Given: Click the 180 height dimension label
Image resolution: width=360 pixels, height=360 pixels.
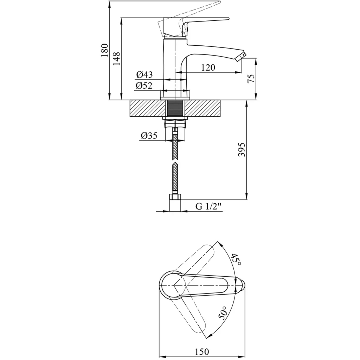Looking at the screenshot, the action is click(104, 51).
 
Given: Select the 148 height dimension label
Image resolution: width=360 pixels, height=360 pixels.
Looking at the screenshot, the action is click(117, 59).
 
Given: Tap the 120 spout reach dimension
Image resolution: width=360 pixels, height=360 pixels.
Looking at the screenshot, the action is click(208, 67).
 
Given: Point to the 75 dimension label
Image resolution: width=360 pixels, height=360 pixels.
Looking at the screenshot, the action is click(251, 79).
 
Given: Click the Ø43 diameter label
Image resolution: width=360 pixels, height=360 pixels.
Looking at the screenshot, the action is click(144, 75).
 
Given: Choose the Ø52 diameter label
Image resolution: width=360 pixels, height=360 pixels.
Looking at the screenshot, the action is click(144, 85).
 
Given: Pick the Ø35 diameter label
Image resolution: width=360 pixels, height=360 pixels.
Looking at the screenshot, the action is click(149, 136).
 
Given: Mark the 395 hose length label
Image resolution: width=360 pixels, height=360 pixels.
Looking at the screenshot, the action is click(241, 150).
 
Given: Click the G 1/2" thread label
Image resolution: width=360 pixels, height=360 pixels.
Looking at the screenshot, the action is click(209, 207).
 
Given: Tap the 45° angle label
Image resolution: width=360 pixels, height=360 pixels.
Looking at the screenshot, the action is click(236, 259).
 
